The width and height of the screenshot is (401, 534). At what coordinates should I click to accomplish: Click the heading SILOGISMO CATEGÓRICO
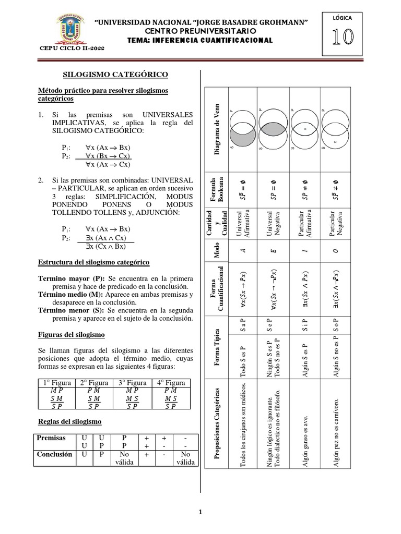pyautogui.click(x=108, y=75)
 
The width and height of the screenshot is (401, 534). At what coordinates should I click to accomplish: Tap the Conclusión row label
pyautogui.click(x=54, y=454)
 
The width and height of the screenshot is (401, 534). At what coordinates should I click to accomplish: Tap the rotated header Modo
pyautogui.click(x=217, y=251)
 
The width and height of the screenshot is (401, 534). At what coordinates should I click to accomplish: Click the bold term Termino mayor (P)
pyautogui.click(x=70, y=278)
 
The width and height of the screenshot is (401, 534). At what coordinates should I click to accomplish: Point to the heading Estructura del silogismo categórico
pyautogui.click(x=94, y=262)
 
